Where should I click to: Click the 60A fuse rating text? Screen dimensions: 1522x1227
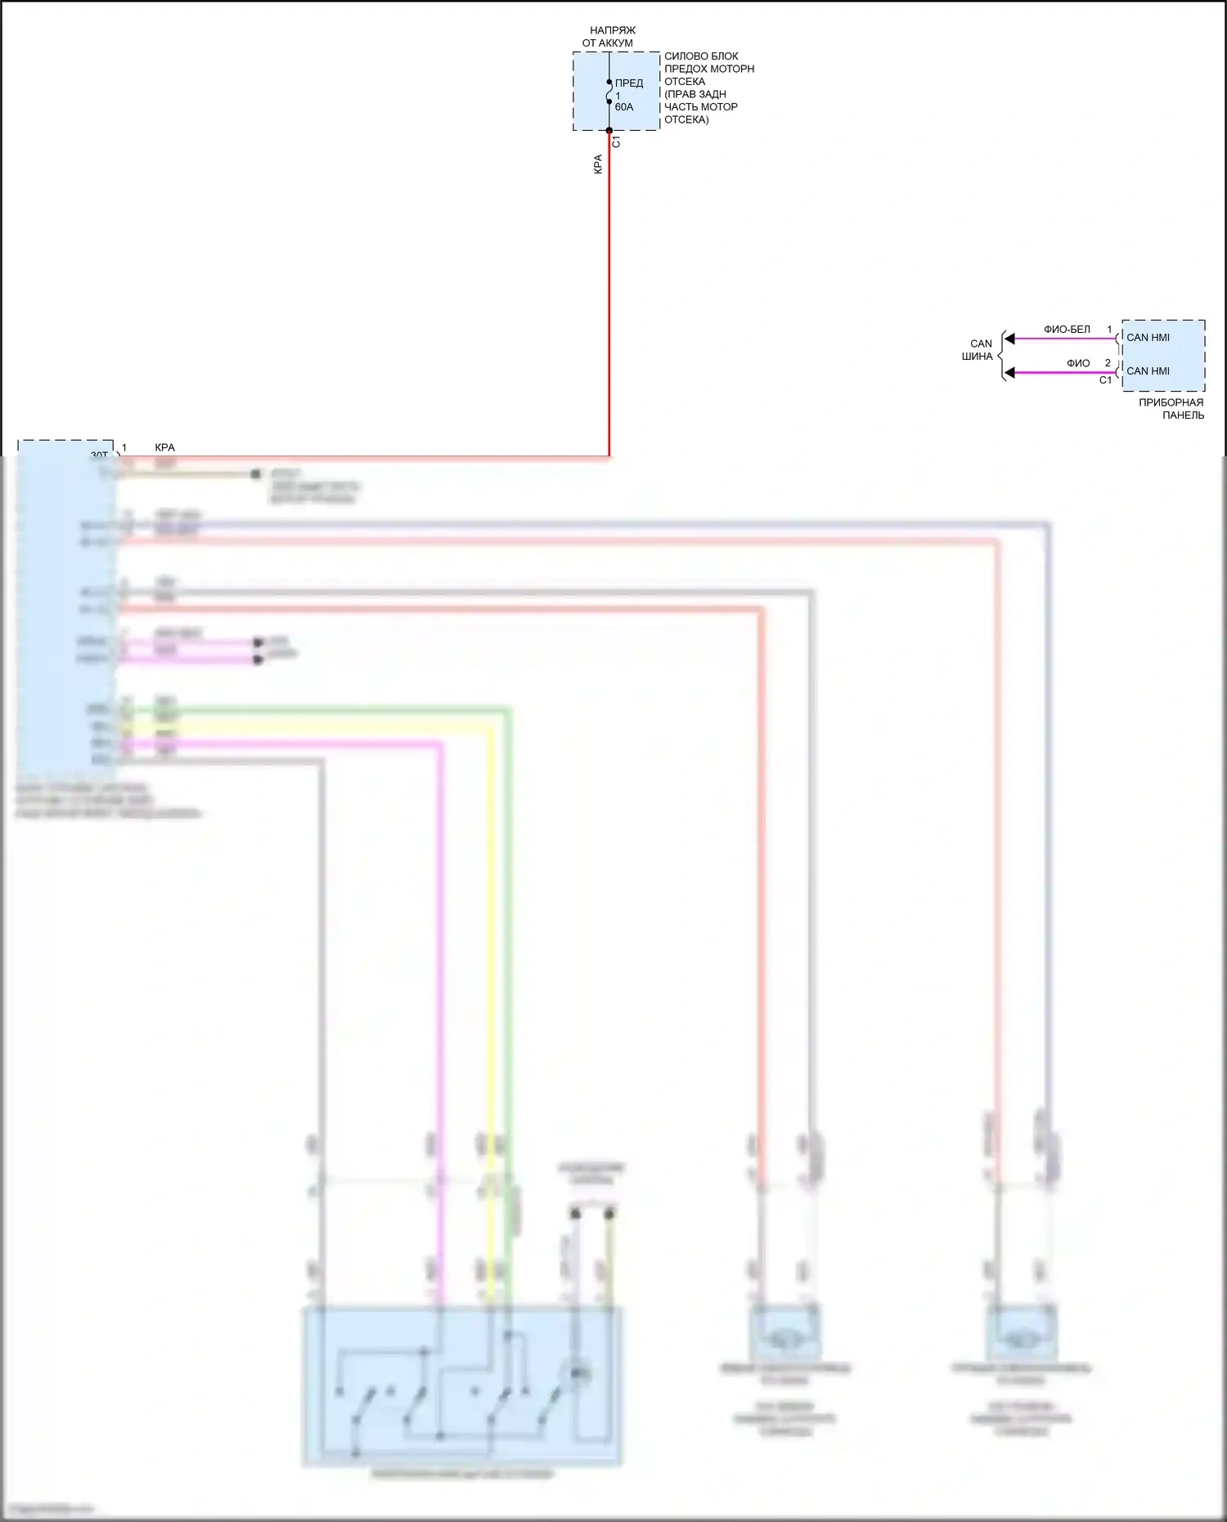pos(624,107)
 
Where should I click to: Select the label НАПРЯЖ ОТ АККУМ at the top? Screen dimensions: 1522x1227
pos(609,37)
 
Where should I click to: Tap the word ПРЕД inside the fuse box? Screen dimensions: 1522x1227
pos(629,83)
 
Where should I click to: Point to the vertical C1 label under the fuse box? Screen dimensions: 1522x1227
pos(617,141)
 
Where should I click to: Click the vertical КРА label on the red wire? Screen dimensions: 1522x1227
pos(598,164)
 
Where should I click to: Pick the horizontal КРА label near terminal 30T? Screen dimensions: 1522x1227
pos(164,447)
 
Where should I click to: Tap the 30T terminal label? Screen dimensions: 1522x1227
pos(99,456)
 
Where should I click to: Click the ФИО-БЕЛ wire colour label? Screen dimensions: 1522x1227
pos(1067,330)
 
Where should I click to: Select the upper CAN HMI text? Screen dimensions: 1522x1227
pos(1148,338)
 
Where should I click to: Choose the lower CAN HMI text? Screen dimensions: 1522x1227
pos(1148,371)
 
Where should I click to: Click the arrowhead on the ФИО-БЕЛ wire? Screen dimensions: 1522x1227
pos(1010,339)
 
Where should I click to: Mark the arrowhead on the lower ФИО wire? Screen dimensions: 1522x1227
pos(1010,373)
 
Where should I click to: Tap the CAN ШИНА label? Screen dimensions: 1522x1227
pos(979,350)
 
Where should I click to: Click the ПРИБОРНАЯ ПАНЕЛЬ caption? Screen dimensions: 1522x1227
pos(1172,409)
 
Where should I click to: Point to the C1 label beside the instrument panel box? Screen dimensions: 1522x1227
pos(1105,380)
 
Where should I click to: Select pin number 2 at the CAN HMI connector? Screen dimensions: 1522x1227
pos(1108,363)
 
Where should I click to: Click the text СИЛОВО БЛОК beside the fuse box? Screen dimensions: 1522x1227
pos(701,56)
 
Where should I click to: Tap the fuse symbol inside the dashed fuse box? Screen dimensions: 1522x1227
pos(609,94)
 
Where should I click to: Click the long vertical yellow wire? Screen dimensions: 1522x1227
pos(491,981)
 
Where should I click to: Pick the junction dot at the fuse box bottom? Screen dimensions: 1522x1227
pos(609,130)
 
